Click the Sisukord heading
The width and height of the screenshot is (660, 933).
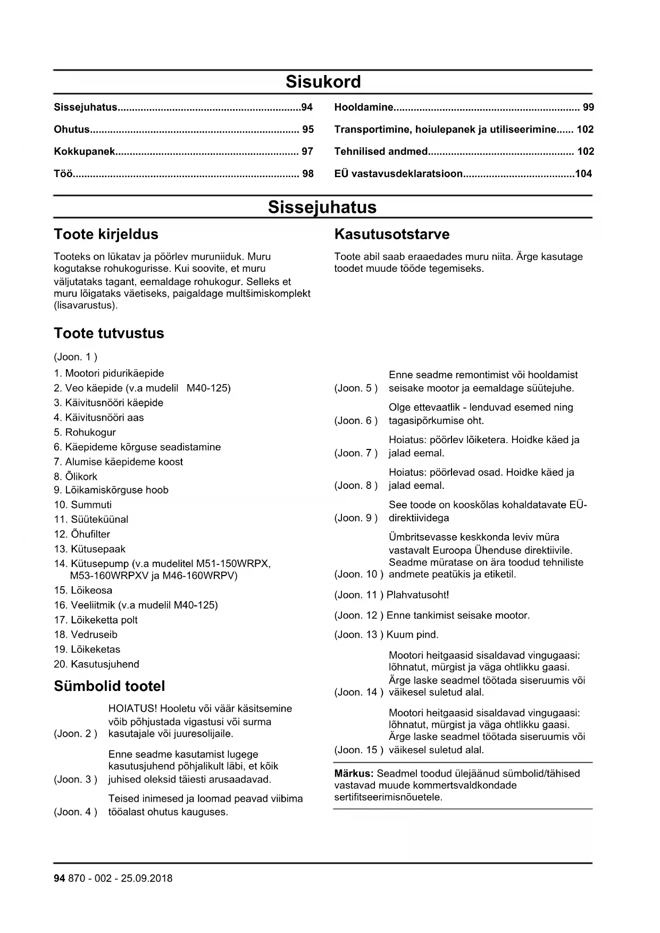[323, 81]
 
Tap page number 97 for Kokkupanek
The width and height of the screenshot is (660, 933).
[307, 152]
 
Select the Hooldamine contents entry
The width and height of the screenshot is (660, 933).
[364, 107]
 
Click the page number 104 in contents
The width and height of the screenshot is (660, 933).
[583, 174]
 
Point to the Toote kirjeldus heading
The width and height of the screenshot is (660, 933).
[106, 235]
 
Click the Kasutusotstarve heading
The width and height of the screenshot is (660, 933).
[391, 235]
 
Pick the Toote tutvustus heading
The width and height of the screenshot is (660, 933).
[109, 334]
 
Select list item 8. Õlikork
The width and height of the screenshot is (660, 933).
[76, 477]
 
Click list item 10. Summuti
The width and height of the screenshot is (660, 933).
[83, 505]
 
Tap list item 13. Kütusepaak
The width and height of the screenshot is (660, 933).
[89, 549]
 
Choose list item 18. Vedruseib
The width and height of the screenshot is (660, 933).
[86, 635]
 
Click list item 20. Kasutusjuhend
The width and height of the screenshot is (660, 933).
[96, 664]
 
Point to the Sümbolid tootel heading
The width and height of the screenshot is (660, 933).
[110, 687]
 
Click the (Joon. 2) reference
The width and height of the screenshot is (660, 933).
[76, 734]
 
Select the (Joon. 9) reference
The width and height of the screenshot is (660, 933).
[356, 518]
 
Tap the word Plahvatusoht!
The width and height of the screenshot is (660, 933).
[417, 595]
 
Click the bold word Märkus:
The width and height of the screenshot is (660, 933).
[354, 773]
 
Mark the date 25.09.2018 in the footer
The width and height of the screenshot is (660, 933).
[146, 878]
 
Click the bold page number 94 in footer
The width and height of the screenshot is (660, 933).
[59, 878]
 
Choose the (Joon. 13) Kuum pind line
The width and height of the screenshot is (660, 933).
[386, 635]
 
